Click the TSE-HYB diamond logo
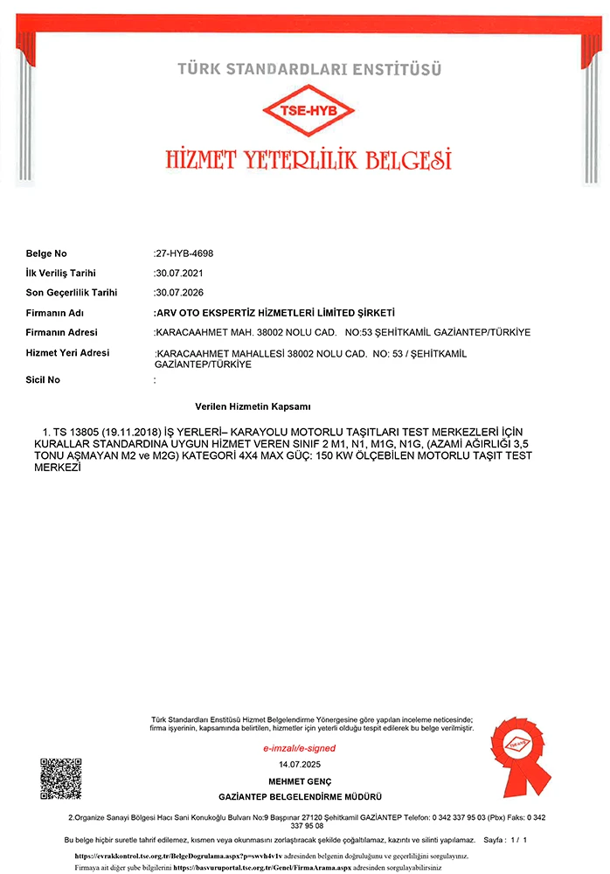point(309,110)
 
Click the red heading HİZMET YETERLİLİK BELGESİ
point(308,159)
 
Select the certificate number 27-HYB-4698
point(184,253)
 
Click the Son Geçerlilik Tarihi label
point(72,293)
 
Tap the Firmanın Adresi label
point(62,332)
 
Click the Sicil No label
point(44,380)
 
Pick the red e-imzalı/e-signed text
point(299,749)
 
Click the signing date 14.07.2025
point(299,765)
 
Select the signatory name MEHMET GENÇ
point(299,781)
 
